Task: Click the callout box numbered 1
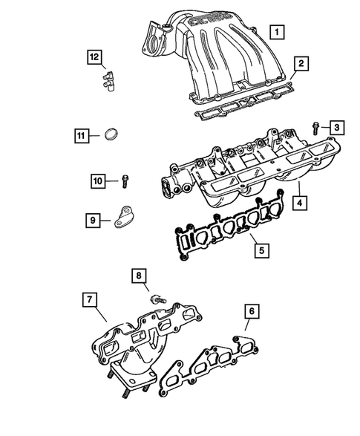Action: click(275, 32)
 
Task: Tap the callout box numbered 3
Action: click(336, 128)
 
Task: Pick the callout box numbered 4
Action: click(298, 201)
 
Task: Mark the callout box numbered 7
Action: click(88, 299)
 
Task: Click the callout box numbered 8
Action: click(137, 276)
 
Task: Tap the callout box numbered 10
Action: click(98, 180)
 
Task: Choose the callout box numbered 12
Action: click(94, 56)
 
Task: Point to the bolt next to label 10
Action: click(125, 180)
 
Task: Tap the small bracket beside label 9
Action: click(126, 218)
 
